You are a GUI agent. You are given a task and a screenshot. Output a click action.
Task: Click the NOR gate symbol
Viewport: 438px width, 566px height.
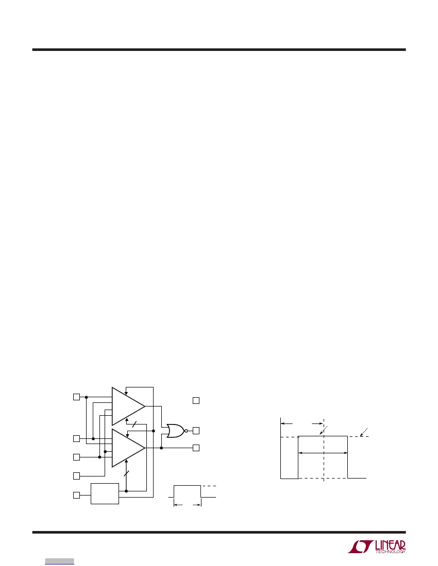click(x=175, y=431)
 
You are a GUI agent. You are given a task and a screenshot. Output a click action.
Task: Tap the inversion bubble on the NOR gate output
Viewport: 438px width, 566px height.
click(x=186, y=431)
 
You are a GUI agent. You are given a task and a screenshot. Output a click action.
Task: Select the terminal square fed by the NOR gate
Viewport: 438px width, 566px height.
click(x=196, y=431)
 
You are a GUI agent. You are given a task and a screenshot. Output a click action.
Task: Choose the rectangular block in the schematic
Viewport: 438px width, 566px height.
click(x=105, y=493)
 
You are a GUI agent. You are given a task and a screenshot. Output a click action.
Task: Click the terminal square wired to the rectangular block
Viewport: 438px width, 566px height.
click(x=76, y=495)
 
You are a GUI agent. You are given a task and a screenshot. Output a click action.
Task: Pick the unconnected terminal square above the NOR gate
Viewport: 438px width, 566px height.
click(x=196, y=400)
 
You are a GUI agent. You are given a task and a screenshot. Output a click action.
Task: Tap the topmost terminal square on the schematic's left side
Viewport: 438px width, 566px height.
click(x=76, y=397)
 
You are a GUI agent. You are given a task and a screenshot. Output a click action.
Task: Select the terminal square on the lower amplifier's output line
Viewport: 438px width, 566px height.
click(x=196, y=448)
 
